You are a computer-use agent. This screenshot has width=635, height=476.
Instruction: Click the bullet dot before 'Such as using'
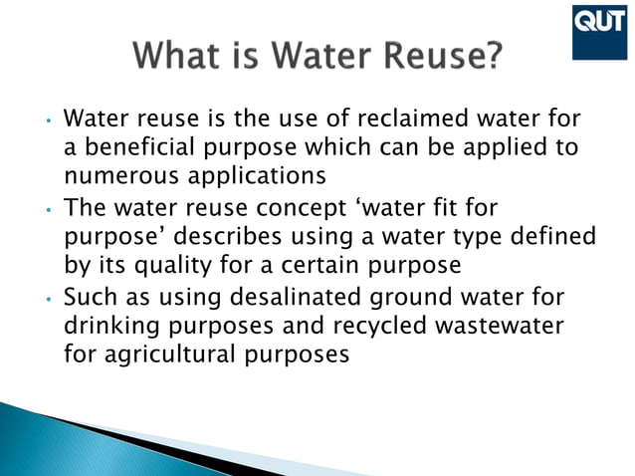click(x=47, y=298)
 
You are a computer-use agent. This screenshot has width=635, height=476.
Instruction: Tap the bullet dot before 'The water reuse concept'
click(x=47, y=210)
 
